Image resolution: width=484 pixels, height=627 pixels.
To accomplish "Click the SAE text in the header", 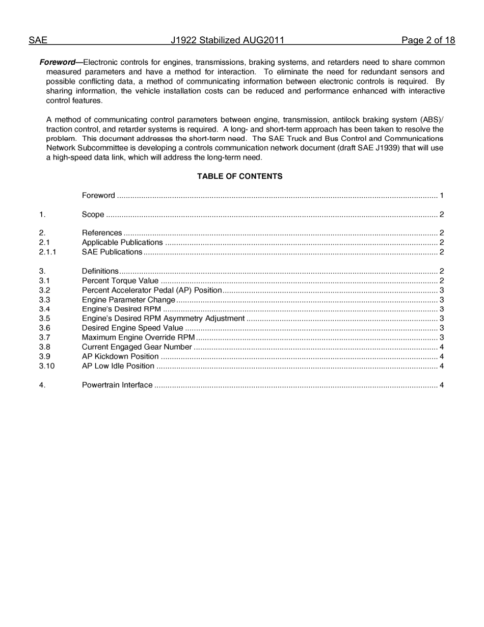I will click(38, 41).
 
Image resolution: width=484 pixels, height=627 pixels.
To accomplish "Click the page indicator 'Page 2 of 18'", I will click(428, 41).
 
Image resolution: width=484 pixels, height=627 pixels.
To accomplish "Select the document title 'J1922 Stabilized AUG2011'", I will click(227, 41).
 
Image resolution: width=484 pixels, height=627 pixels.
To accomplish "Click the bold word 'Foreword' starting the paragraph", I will click(57, 62).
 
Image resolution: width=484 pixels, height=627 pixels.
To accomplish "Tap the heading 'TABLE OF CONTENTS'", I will click(239, 176).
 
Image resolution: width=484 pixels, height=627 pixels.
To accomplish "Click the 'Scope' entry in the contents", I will click(93, 215).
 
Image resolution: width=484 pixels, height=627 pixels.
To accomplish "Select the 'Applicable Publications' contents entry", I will click(122, 243).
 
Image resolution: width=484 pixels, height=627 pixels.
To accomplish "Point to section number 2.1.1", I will click(47, 252).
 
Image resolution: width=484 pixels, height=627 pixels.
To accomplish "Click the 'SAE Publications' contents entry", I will click(112, 252).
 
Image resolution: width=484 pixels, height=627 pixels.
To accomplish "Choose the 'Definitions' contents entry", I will click(100, 271).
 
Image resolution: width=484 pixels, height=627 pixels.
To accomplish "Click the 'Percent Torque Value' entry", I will click(120, 281).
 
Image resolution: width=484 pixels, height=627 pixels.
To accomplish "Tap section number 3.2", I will click(44, 290).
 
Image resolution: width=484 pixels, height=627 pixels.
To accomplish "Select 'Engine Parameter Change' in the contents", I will click(128, 300).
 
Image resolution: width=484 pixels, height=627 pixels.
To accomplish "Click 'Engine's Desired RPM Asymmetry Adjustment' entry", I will click(163, 319).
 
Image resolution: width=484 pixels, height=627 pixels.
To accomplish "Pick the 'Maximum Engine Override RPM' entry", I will click(138, 337).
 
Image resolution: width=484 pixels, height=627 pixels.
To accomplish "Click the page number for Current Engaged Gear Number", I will click(441, 347).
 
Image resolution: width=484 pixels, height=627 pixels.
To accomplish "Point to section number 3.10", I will click(46, 366).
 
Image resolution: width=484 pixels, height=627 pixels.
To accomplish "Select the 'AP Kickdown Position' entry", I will click(120, 356).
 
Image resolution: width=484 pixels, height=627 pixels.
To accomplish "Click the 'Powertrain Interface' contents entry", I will click(117, 385).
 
